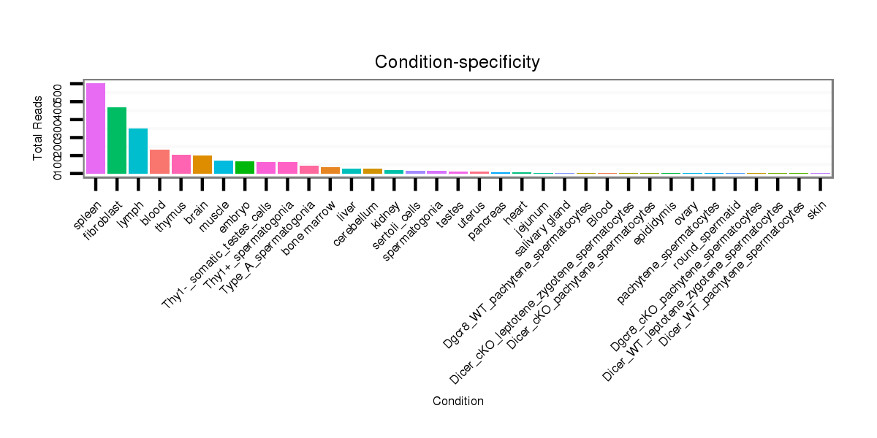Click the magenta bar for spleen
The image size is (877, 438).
pos(96,128)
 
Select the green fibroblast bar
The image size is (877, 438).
pos(117,140)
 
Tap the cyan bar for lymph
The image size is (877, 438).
pos(138,151)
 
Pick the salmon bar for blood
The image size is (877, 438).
pos(159,161)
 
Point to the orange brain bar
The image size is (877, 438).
pos(202,164)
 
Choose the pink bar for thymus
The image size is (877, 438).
pos(181,164)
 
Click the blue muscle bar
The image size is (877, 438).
pos(224,167)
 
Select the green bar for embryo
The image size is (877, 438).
pos(245,167)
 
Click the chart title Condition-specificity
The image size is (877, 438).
pos(458,63)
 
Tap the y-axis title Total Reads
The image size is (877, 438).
pos(38,128)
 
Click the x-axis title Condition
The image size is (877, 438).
pos(458,401)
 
